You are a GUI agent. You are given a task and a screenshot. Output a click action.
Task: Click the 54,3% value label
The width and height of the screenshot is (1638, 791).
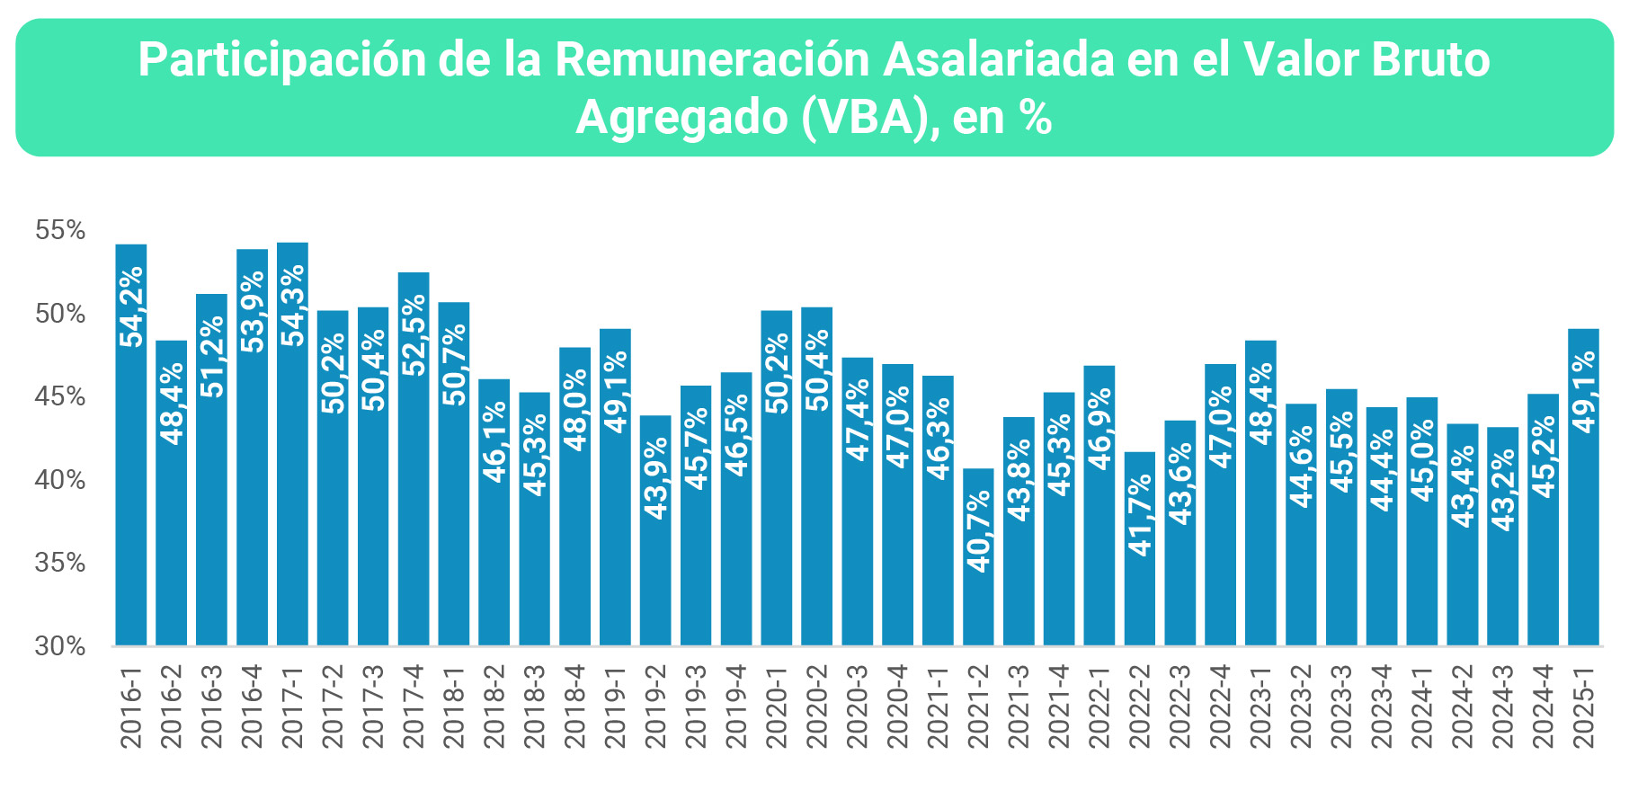pyautogui.click(x=293, y=305)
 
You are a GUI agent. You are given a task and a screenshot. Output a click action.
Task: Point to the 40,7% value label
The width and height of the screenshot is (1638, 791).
pyautogui.click(x=978, y=530)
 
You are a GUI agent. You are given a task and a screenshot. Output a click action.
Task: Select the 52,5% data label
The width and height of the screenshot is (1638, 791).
pyautogui.click(x=414, y=334)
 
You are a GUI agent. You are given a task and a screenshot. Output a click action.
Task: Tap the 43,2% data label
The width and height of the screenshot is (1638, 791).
pyautogui.click(x=1502, y=489)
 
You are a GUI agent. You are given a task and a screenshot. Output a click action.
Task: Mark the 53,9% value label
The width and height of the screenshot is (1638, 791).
pyautogui.click(x=253, y=311)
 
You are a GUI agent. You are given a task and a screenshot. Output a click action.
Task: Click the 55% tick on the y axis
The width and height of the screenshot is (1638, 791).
pyautogui.click(x=60, y=231)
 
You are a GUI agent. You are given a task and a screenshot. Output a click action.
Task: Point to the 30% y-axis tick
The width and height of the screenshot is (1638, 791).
pyautogui.click(x=60, y=646)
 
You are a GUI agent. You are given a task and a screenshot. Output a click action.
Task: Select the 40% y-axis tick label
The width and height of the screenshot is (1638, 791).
pyautogui.click(x=60, y=480)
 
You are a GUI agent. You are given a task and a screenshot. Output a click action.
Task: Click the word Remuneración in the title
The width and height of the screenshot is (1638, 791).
pyautogui.click(x=712, y=60)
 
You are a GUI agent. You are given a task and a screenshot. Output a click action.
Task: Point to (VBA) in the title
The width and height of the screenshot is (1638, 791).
pyautogui.click(x=864, y=118)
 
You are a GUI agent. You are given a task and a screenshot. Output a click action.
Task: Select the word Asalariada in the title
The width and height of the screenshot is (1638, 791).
pyautogui.click(x=1031, y=60)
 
